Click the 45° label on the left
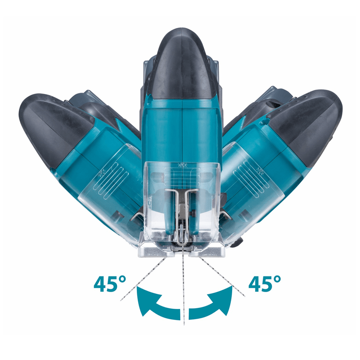pos(110,283)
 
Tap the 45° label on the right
pos(265,283)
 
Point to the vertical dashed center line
pos(183,287)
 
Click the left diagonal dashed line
pos(143,279)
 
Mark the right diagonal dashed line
pos(222,277)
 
